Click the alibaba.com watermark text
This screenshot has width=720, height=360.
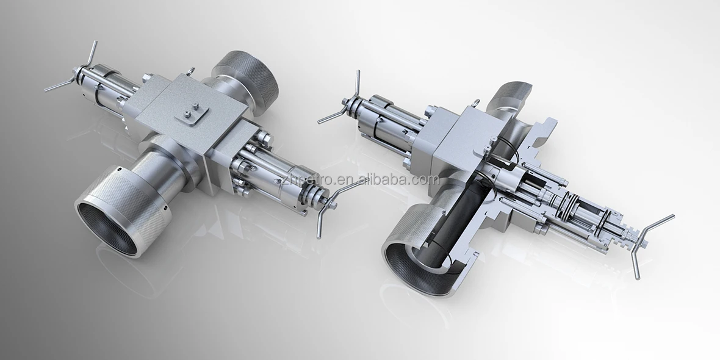(x=360, y=179)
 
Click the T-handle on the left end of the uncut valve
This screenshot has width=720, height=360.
(x=70, y=76)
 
